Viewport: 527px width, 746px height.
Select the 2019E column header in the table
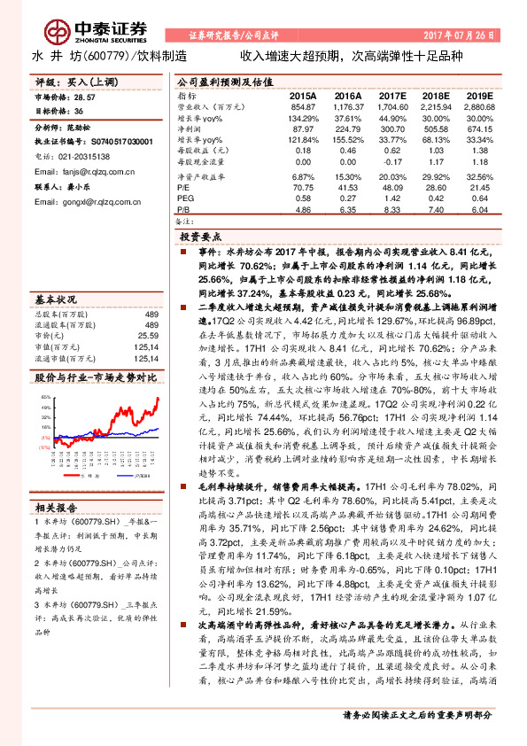pyautogui.click(x=478, y=95)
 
